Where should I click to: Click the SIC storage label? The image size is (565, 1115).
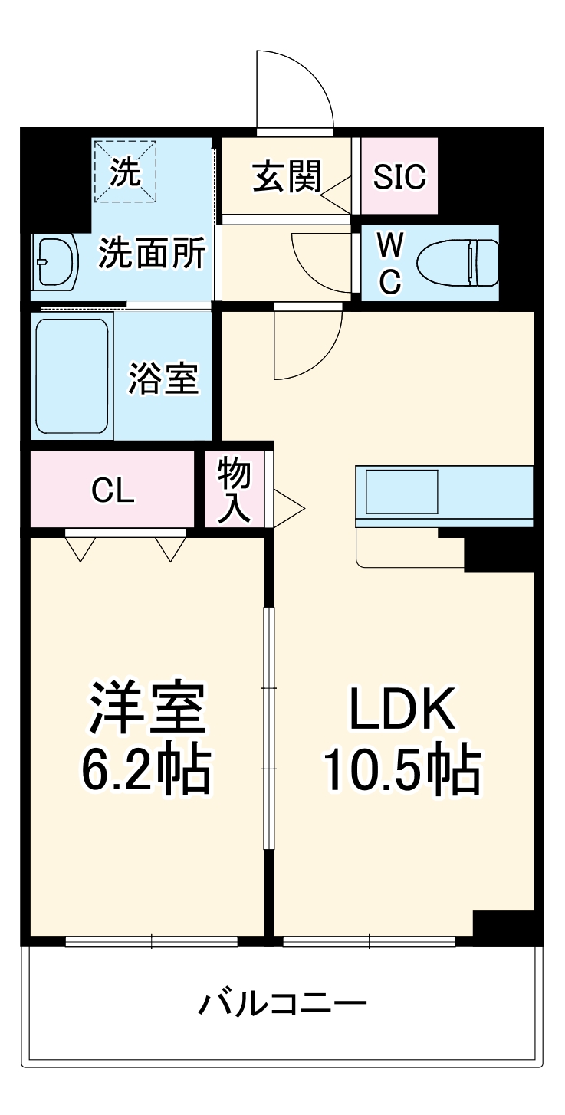click(399, 177)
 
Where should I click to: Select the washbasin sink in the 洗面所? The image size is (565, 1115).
click(55, 262)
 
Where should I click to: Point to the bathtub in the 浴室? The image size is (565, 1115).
click(72, 376)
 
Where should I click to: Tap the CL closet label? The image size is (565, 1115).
click(113, 490)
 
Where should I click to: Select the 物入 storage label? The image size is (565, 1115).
click(234, 490)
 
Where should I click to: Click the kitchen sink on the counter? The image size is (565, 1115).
click(401, 491)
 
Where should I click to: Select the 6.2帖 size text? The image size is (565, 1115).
click(146, 770)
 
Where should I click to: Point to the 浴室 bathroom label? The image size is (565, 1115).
click(163, 378)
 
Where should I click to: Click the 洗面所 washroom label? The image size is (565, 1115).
click(153, 254)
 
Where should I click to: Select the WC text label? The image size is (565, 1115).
click(390, 263)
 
